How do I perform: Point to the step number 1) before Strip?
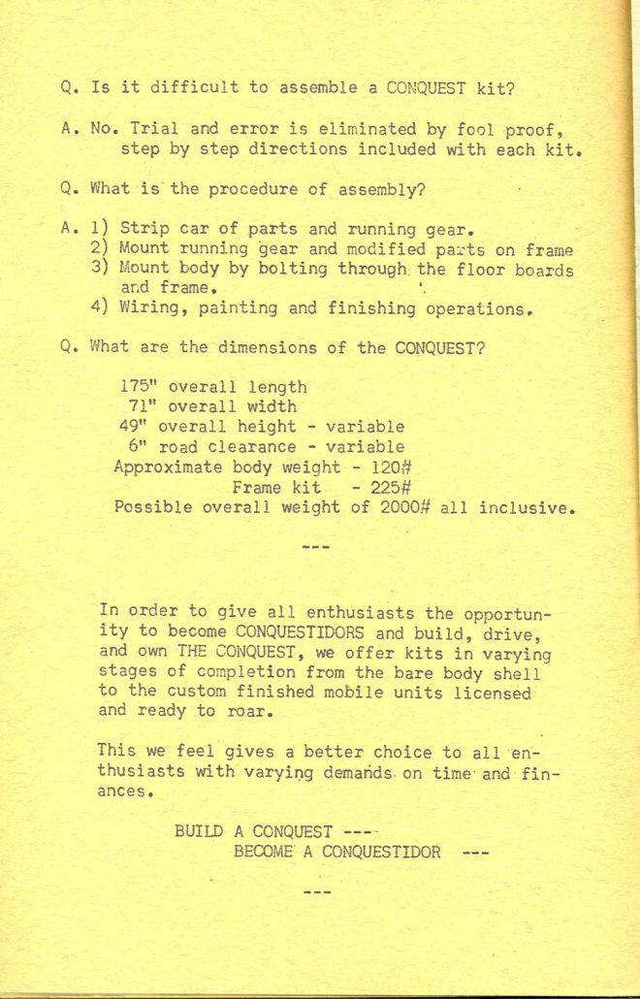pos(101,230)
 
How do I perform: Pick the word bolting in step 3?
pos(296,270)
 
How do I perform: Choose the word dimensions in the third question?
pos(297,348)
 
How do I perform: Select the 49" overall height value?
pos(136,427)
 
